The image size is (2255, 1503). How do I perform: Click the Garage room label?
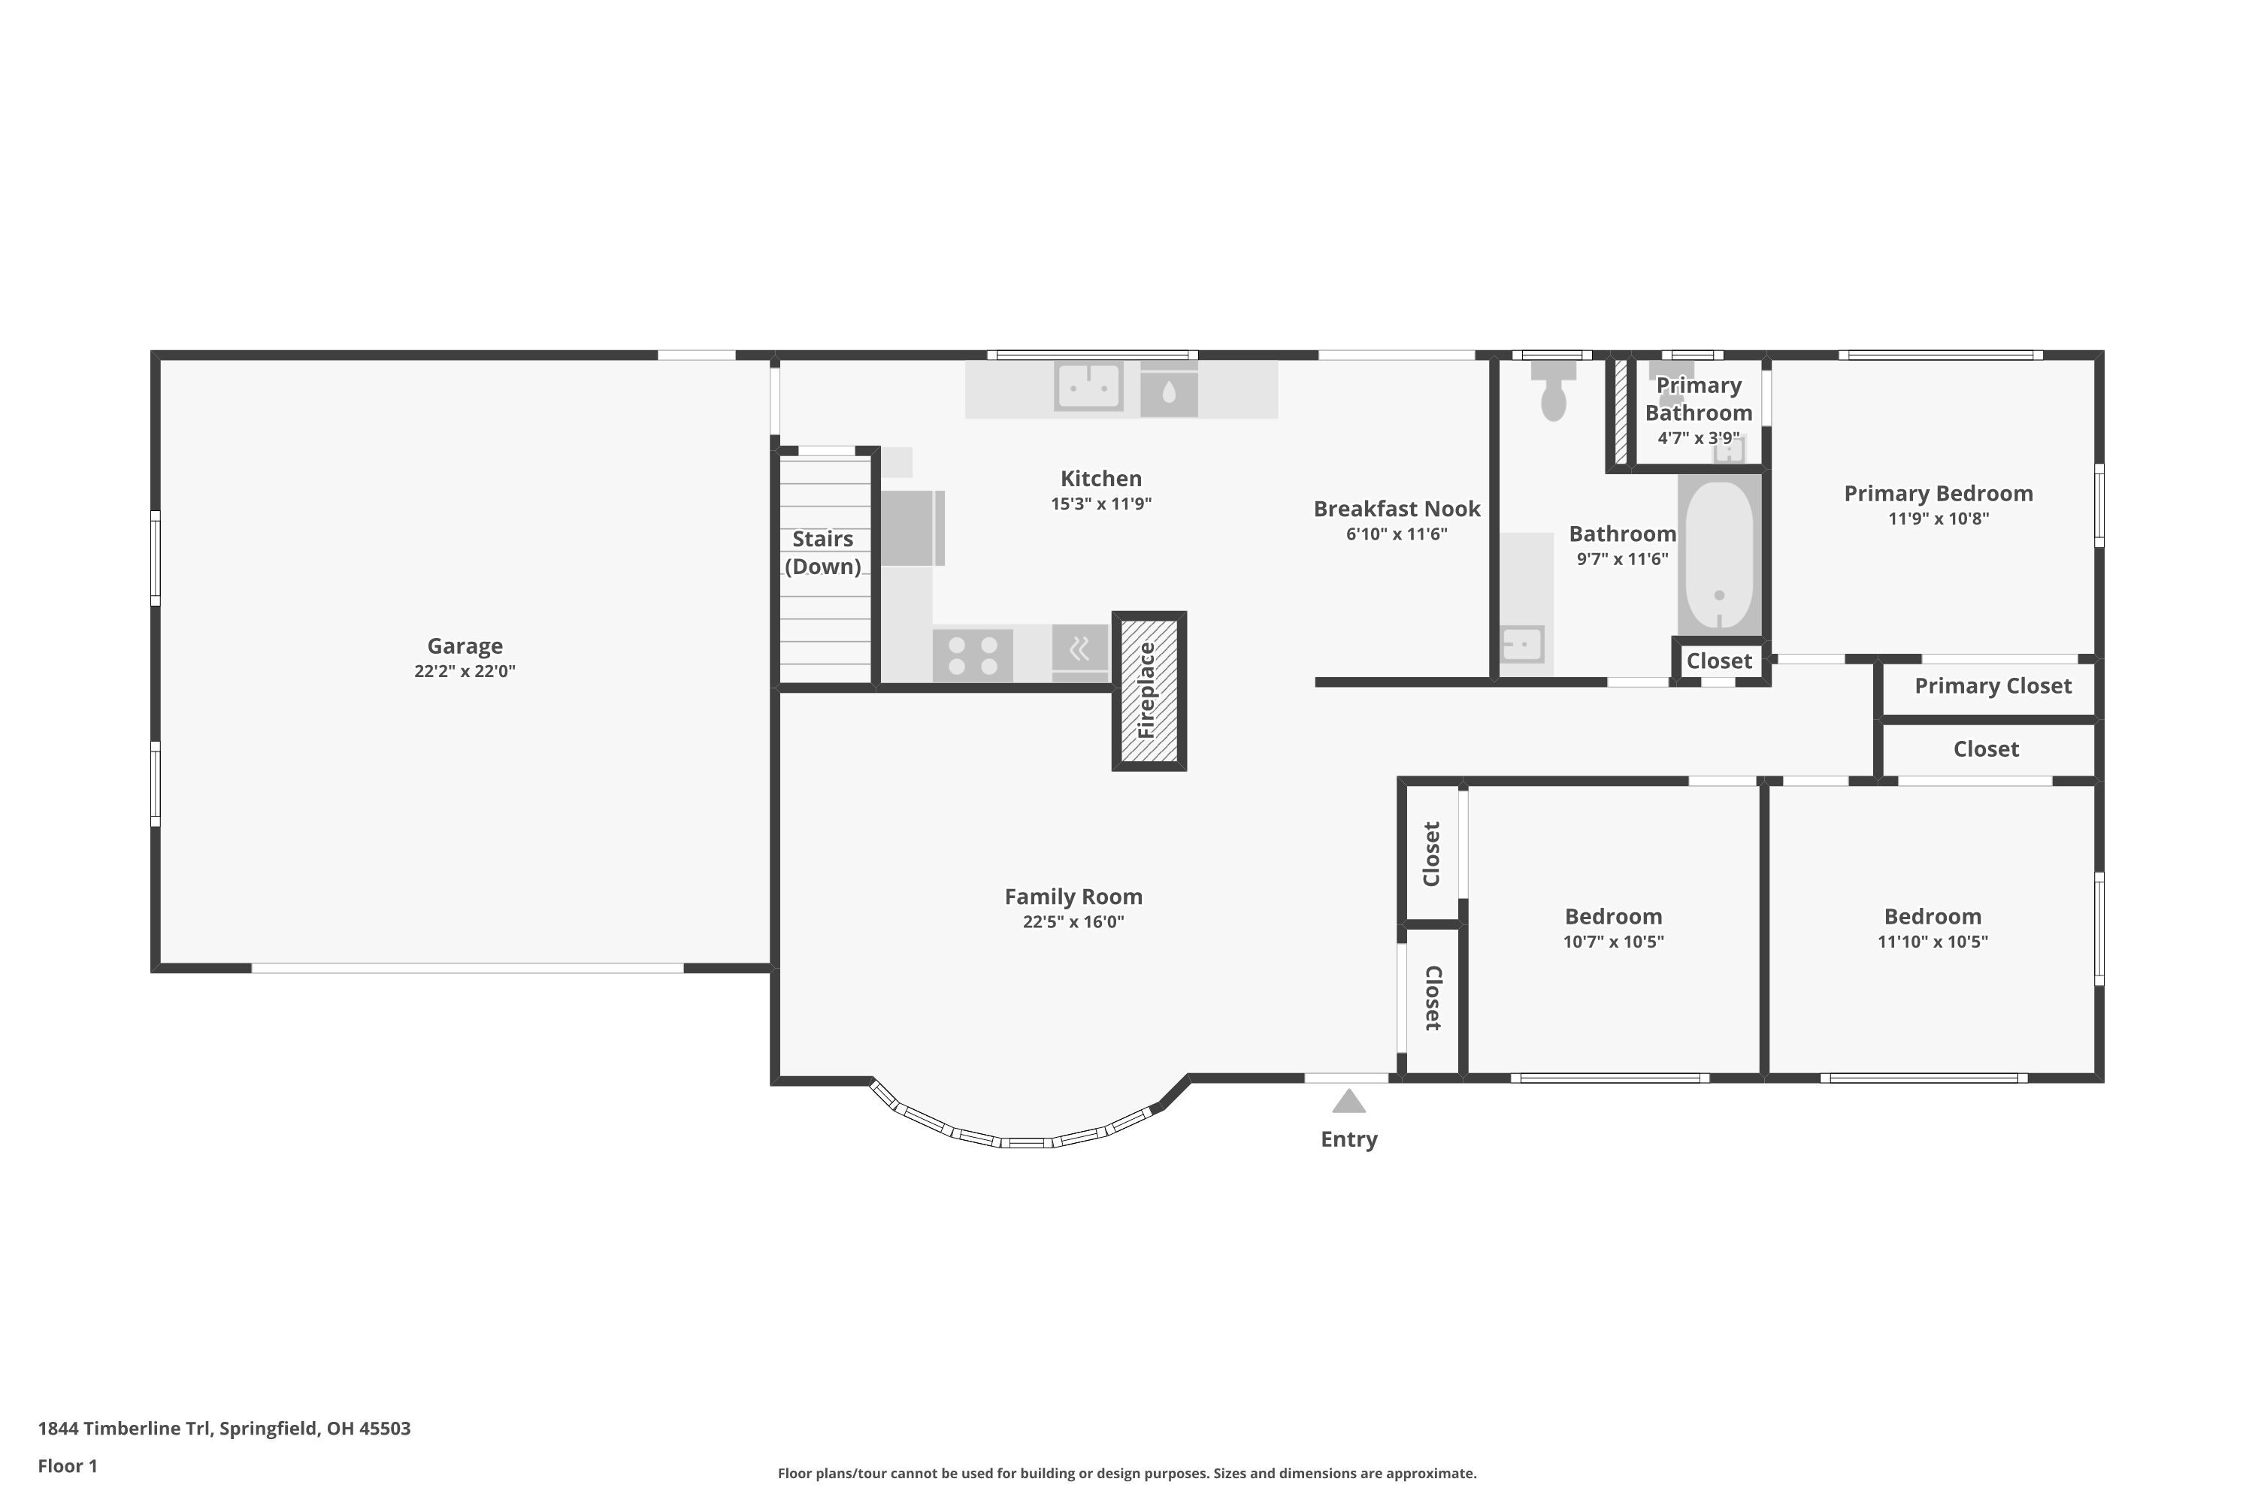pyautogui.click(x=465, y=646)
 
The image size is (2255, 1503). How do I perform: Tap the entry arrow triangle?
pyautogui.click(x=1349, y=1102)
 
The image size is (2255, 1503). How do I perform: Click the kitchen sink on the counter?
pyautogui.click(x=1088, y=386)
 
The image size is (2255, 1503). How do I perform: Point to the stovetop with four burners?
pyautogui.click(x=972, y=655)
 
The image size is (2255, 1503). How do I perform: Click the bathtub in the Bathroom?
pyautogui.click(x=1719, y=555)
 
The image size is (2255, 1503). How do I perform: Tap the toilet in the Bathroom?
pyautogui.click(x=1553, y=390)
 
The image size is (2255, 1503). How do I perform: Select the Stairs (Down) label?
pyautogui.click(x=822, y=553)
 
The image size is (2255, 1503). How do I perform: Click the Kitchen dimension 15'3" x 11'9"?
pyautogui.click(x=1100, y=504)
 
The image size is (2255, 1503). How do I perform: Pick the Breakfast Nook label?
pyautogui.click(x=1397, y=509)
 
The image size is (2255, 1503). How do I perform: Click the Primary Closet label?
pyautogui.click(x=1993, y=686)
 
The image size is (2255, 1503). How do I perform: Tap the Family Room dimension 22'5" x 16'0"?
pyautogui.click(x=1073, y=922)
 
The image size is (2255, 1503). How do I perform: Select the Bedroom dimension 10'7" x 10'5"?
pyautogui.click(x=1614, y=942)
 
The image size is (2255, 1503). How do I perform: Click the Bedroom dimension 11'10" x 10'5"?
pyautogui.click(x=1933, y=942)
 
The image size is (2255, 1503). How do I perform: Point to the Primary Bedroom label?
pyautogui.click(x=1939, y=494)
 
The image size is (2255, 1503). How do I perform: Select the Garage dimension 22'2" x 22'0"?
pyautogui.click(x=465, y=671)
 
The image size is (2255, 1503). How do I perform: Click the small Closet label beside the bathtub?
pyautogui.click(x=1719, y=661)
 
